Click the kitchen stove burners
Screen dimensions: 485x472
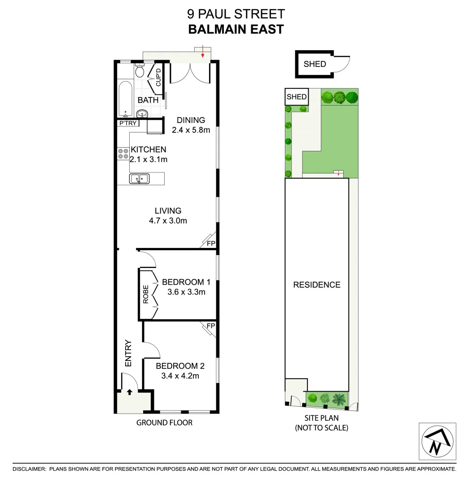coord(122,154)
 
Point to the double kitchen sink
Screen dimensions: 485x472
coord(139,179)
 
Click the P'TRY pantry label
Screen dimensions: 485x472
coord(128,123)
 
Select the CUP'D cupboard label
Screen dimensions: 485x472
coord(158,77)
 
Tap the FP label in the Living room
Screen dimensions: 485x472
coord(210,243)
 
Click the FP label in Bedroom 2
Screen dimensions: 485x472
coord(210,325)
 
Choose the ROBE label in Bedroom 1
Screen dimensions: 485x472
coord(145,295)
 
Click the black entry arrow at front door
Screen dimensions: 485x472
coord(130,392)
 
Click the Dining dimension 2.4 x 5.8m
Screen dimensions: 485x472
coord(191,130)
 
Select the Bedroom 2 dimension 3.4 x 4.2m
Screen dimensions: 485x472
coord(180,375)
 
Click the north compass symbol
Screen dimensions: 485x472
coord(437,442)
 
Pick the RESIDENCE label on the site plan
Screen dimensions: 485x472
coord(317,285)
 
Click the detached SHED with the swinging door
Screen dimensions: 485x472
coord(315,64)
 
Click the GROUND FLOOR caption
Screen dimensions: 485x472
coord(164,422)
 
